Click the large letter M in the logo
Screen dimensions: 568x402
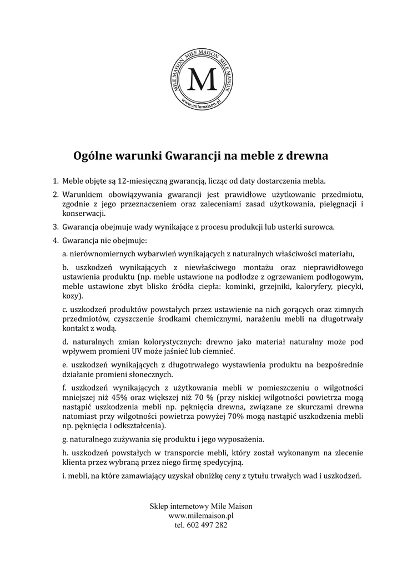pos(201,80)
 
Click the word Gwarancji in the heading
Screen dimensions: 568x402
pos(193,156)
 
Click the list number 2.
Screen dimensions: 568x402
pos(55,195)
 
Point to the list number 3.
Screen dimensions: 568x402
pos(55,227)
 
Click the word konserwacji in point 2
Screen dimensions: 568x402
pos(83,214)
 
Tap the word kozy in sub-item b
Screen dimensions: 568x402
pos(71,296)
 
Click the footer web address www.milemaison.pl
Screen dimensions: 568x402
pos(201,515)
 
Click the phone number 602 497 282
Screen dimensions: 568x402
pos(207,525)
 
